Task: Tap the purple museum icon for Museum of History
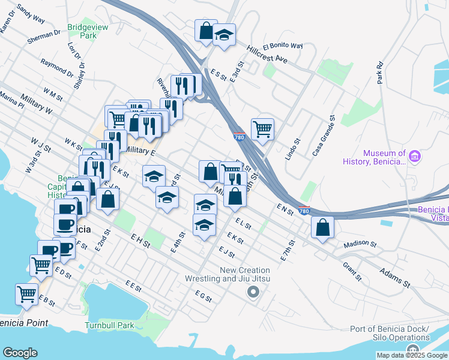[415, 157]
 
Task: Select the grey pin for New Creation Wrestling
[253, 293]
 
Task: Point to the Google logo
[20, 352]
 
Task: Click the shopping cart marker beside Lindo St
[262, 128]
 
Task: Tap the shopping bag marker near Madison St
[323, 227]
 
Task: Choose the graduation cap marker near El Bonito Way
[224, 35]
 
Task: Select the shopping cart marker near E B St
[26, 295]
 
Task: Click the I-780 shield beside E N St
[304, 211]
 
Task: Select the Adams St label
[394, 277]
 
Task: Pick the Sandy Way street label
[31, 14]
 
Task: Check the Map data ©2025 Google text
[411, 355]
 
